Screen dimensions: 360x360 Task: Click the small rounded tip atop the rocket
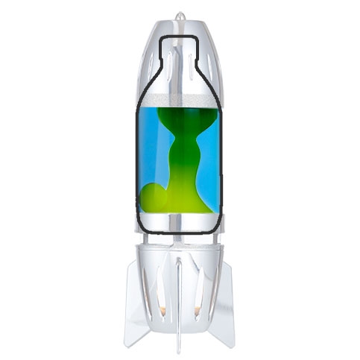pyautogui.click(x=179, y=15)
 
